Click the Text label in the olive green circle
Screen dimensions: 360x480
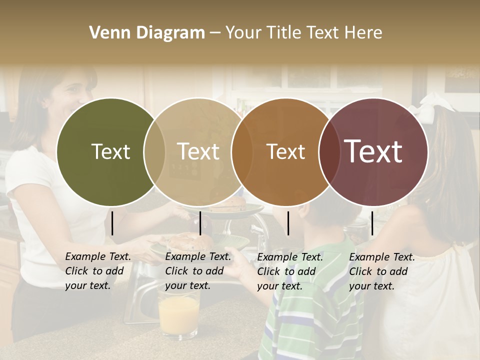(110, 152)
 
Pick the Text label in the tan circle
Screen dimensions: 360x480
(198, 152)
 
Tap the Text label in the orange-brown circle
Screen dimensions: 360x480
(285, 152)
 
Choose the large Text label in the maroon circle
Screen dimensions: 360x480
(373, 152)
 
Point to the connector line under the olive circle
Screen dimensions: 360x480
(112, 223)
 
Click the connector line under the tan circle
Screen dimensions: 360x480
(200, 223)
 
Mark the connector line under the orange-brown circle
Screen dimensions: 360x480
(288, 223)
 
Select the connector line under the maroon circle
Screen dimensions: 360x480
(372, 223)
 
